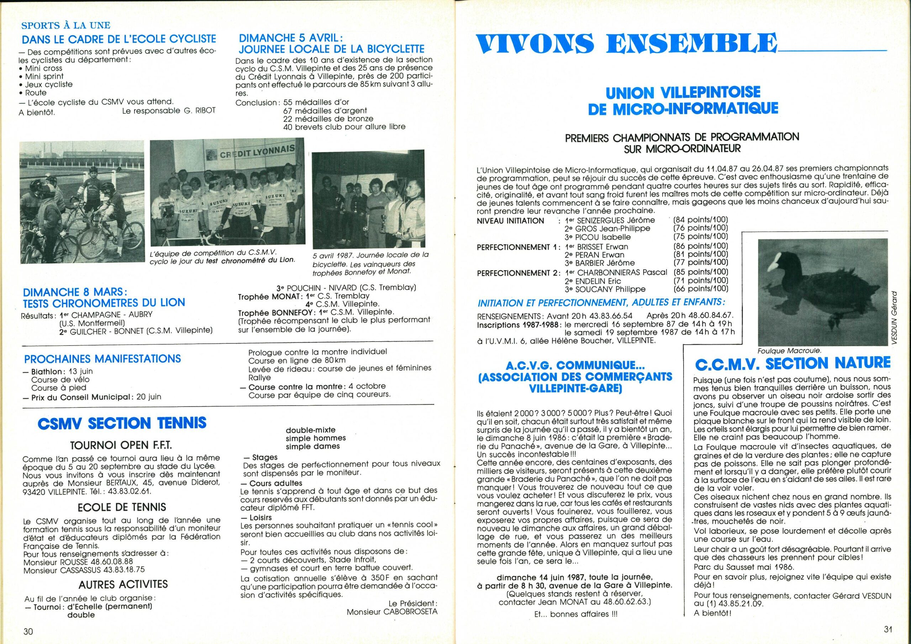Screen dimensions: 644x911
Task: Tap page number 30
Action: [x=28, y=631]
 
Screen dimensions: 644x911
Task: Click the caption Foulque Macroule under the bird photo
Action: [x=788, y=351]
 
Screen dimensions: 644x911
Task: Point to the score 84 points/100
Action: [x=701, y=220]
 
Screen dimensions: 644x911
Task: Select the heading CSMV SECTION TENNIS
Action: [x=122, y=423]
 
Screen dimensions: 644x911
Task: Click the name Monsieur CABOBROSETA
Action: [x=392, y=612]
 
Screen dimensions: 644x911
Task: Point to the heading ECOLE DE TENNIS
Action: [x=122, y=507]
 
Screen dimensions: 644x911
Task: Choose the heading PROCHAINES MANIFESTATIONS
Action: [x=102, y=359]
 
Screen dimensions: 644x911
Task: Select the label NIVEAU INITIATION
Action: [x=510, y=221]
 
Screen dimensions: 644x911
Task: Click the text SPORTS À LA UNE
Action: [x=66, y=25]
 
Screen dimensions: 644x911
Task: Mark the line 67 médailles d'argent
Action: [x=325, y=110]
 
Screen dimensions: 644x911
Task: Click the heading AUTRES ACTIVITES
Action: [x=123, y=585]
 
